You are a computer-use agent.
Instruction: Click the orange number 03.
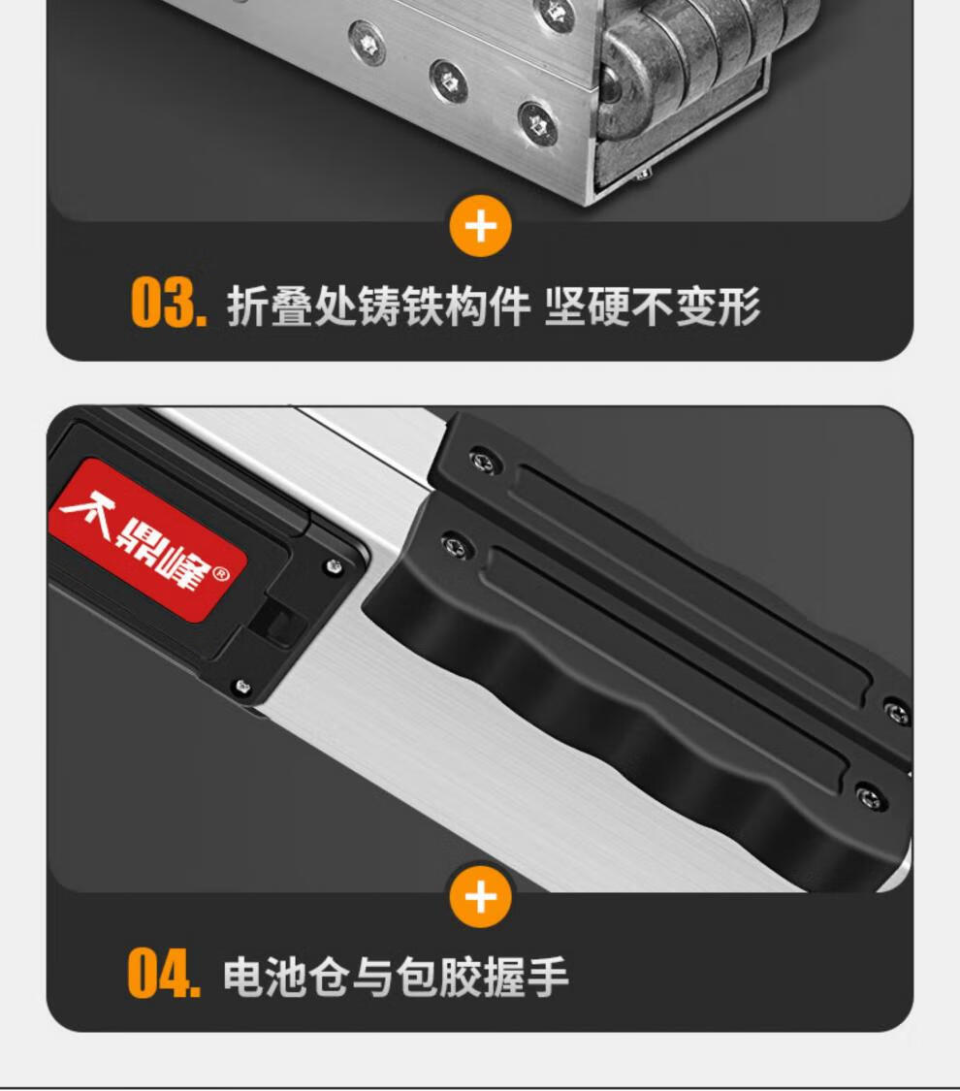[169, 303]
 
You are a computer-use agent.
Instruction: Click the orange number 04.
[164, 973]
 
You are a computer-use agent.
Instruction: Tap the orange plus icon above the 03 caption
[480, 227]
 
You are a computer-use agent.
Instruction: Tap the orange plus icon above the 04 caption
[480, 897]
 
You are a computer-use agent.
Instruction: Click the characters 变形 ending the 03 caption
[718, 306]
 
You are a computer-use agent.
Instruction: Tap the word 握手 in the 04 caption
[526, 977]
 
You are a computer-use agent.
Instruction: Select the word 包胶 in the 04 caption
[438, 977]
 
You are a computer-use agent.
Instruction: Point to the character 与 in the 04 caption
[373, 977]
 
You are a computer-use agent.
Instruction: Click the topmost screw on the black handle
[483, 462]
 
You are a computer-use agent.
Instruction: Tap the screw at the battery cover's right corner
[335, 566]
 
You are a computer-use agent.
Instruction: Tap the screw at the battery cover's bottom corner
[242, 687]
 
